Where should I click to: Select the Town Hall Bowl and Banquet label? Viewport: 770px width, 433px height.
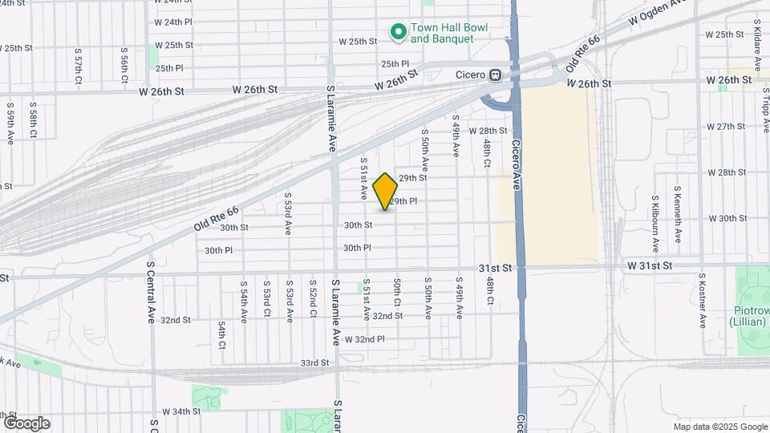pyautogui.click(x=449, y=33)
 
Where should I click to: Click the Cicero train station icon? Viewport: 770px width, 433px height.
pyautogui.click(x=496, y=75)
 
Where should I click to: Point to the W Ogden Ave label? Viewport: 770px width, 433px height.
pyautogui.click(x=660, y=10)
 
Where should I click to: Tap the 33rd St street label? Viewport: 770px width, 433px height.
pyautogui.click(x=315, y=363)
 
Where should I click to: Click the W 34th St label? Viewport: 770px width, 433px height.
pyautogui.click(x=180, y=411)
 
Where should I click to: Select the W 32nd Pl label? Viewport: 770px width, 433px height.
pyautogui.click(x=365, y=339)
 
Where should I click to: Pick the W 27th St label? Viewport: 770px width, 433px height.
pyautogui.click(x=727, y=127)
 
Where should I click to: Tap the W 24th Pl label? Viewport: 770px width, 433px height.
pyautogui.click(x=173, y=22)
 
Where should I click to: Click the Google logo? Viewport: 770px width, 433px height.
pyautogui.click(x=26, y=423)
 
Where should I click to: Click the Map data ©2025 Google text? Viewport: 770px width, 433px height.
pyautogui.click(x=719, y=427)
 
